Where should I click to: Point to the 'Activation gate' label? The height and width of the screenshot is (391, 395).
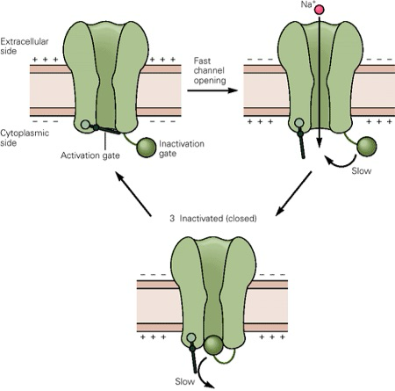click(x=92, y=156)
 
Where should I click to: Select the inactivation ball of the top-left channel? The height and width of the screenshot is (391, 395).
click(x=148, y=147)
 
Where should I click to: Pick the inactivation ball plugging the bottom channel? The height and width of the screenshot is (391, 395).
click(x=213, y=344)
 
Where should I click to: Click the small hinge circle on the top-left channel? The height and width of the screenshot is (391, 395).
click(x=84, y=125)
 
